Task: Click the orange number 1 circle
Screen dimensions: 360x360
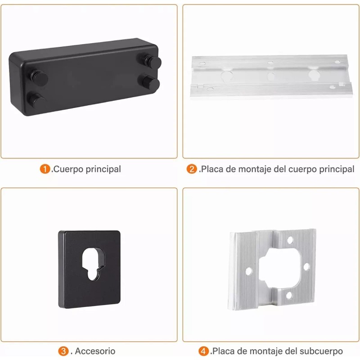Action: pos(45,169)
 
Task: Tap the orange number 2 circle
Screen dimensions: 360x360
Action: pos(192,169)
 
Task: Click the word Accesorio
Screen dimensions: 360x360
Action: pos(95,351)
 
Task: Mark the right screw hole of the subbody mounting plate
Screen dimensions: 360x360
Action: pos(306,266)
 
